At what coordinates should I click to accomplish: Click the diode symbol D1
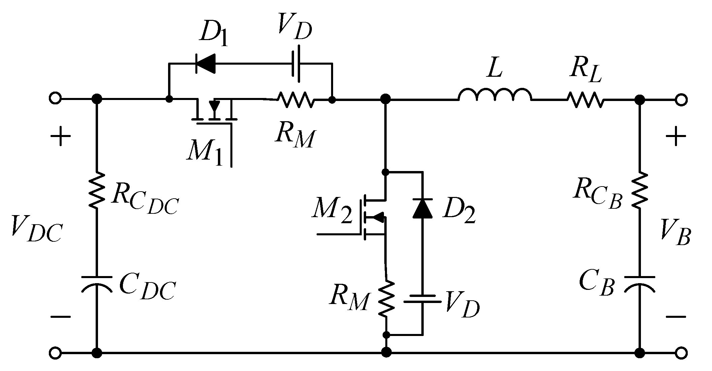click(x=206, y=63)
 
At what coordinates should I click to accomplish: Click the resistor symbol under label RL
click(x=585, y=100)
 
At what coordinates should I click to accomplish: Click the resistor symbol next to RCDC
click(x=97, y=191)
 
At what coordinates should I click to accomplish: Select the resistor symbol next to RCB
click(x=640, y=191)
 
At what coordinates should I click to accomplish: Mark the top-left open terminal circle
click(x=55, y=99)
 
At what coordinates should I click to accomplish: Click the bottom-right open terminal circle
click(x=681, y=353)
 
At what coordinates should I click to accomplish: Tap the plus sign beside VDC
click(x=61, y=137)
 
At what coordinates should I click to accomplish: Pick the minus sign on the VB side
click(x=675, y=316)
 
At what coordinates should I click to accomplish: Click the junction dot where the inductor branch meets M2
click(x=385, y=99)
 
